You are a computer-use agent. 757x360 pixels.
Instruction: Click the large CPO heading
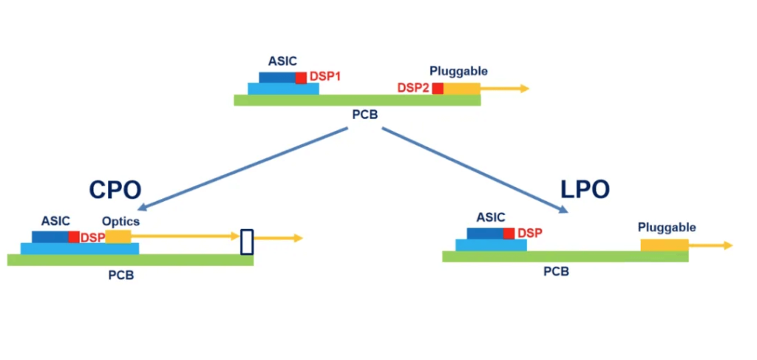tap(115, 190)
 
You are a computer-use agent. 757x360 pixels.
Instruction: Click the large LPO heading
tap(585, 189)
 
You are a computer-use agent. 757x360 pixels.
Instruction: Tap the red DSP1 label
tap(325, 76)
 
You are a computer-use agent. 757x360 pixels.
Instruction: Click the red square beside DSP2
tap(438, 89)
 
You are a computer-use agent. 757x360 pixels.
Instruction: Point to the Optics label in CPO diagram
tap(120, 221)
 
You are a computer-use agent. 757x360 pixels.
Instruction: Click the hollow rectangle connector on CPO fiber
tap(247, 242)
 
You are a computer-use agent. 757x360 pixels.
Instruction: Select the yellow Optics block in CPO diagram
tap(118, 237)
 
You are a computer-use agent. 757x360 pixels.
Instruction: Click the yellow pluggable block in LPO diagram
tap(664, 245)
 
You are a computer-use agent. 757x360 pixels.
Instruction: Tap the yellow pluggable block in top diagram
tap(461, 89)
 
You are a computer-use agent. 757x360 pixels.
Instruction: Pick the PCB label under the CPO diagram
tap(121, 274)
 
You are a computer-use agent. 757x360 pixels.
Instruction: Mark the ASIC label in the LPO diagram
tap(491, 217)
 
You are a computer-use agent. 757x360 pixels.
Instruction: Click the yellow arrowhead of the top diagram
tap(524, 89)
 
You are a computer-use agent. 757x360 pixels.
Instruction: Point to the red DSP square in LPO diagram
tap(509, 233)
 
